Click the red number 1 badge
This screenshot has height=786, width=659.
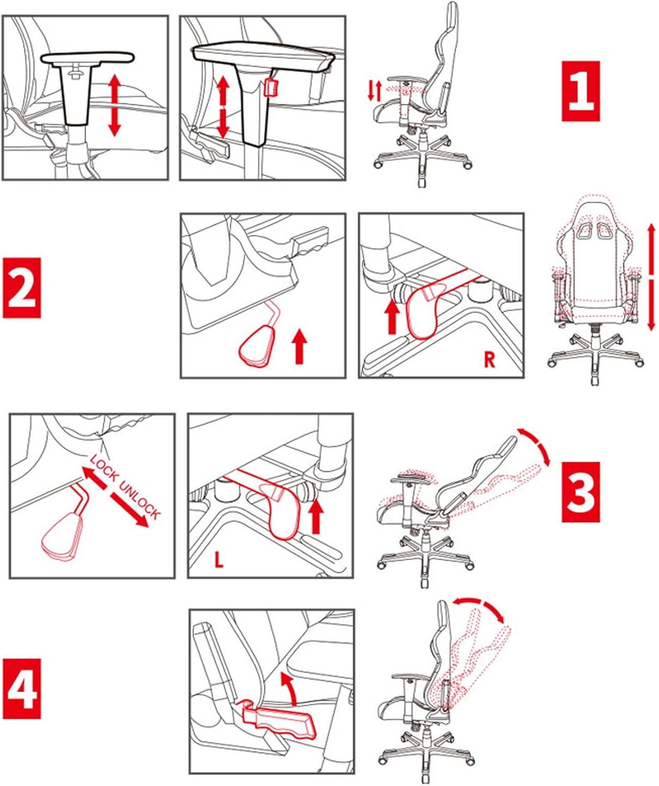tap(580, 91)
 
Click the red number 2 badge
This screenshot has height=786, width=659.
tap(22, 288)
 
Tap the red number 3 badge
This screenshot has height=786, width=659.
tap(580, 492)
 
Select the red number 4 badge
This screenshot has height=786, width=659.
tap(22, 689)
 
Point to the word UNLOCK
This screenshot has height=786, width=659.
tap(140, 500)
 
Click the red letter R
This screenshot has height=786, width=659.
tap(489, 360)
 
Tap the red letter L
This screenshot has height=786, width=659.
tap(218, 560)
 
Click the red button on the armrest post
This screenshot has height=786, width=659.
tap(271, 88)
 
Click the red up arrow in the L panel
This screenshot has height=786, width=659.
tap(316, 516)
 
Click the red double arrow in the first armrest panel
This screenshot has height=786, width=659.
tap(115, 105)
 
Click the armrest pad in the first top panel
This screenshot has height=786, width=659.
tap(87, 58)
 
